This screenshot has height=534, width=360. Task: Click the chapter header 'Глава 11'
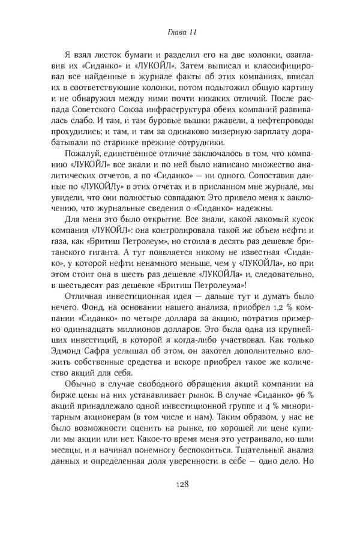(179, 31)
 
